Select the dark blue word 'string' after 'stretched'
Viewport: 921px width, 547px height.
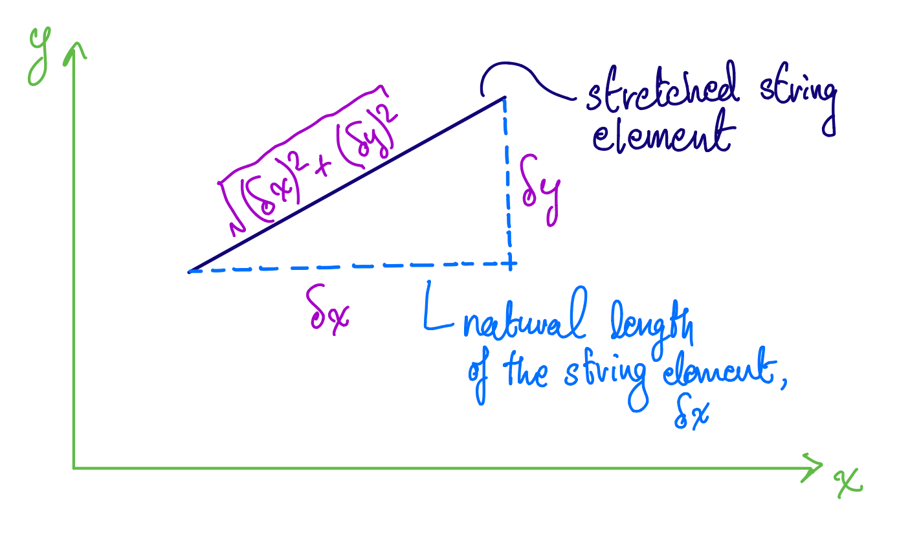point(798,98)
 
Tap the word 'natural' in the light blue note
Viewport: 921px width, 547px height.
point(525,314)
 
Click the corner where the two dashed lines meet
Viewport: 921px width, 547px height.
point(510,263)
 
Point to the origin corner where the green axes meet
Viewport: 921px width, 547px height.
point(74,468)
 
